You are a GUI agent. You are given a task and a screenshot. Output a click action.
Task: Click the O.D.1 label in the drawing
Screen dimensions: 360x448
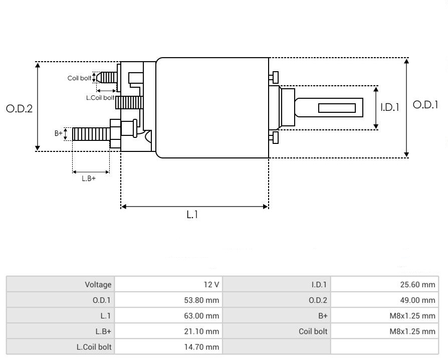425,105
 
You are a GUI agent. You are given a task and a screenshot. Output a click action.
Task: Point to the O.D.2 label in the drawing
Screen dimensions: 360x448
19,108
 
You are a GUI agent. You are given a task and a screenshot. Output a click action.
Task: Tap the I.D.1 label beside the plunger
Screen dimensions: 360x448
389,107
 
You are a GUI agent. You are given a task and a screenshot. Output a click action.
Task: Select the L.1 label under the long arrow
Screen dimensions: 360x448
193,215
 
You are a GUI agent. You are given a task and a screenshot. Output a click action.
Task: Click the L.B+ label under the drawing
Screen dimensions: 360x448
89,178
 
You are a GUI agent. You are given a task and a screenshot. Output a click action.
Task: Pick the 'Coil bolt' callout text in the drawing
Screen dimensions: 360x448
80,78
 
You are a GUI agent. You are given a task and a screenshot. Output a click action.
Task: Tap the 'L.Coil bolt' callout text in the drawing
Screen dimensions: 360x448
100,98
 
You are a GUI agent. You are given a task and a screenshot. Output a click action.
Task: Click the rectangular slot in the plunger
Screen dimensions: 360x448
337,108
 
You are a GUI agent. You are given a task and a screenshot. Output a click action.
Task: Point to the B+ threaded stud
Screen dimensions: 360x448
91,134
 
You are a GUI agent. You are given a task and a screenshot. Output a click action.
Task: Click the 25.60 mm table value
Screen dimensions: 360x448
418,285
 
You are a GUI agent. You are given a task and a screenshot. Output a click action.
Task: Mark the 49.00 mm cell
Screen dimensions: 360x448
418,300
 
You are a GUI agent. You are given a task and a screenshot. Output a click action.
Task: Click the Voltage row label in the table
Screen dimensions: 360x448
98,285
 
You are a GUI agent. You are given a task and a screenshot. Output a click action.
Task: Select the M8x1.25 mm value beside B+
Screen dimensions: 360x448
412,316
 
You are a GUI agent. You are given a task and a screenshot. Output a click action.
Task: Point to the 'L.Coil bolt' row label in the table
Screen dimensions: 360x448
94,347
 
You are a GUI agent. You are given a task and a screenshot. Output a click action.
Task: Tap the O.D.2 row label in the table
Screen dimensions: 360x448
318,300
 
